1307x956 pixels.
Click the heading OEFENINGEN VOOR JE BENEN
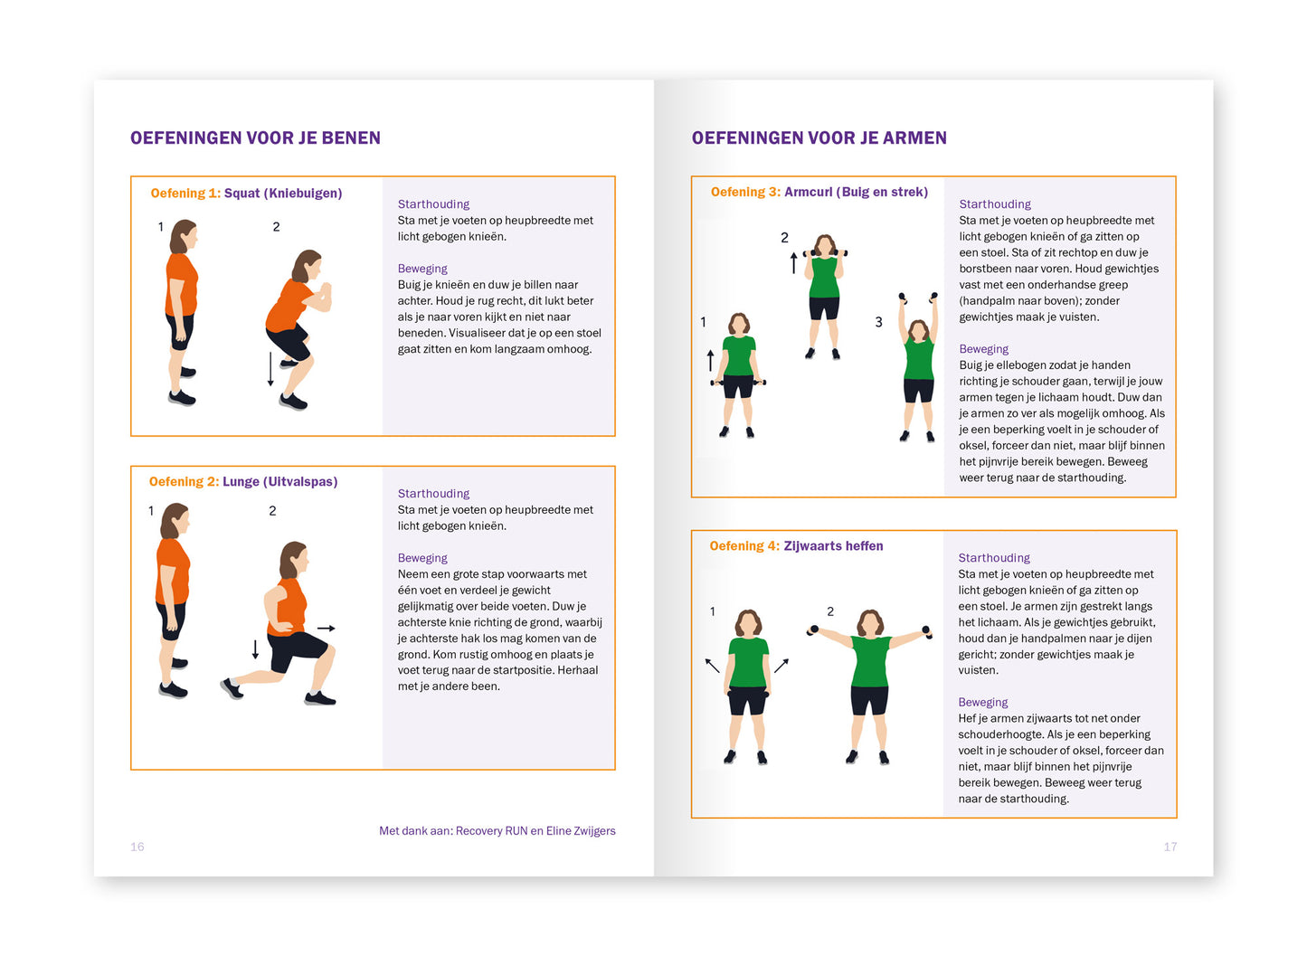255,138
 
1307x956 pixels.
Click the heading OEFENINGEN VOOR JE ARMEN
819,138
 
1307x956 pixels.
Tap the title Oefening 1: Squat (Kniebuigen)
246,194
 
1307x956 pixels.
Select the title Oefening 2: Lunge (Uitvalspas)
243,482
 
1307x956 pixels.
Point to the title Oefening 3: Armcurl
819,193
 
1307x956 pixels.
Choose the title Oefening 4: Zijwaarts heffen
796,546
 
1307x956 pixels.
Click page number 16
137,847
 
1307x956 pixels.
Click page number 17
1170,847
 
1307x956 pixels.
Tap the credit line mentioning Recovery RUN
497,831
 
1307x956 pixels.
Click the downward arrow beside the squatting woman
270,369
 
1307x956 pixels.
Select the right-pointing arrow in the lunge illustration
327,628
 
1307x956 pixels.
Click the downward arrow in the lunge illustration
255,649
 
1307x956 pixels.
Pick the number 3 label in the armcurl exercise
878,322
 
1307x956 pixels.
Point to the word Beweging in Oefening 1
422,269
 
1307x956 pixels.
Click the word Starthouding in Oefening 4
994,558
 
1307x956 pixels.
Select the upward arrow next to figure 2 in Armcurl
794,262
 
